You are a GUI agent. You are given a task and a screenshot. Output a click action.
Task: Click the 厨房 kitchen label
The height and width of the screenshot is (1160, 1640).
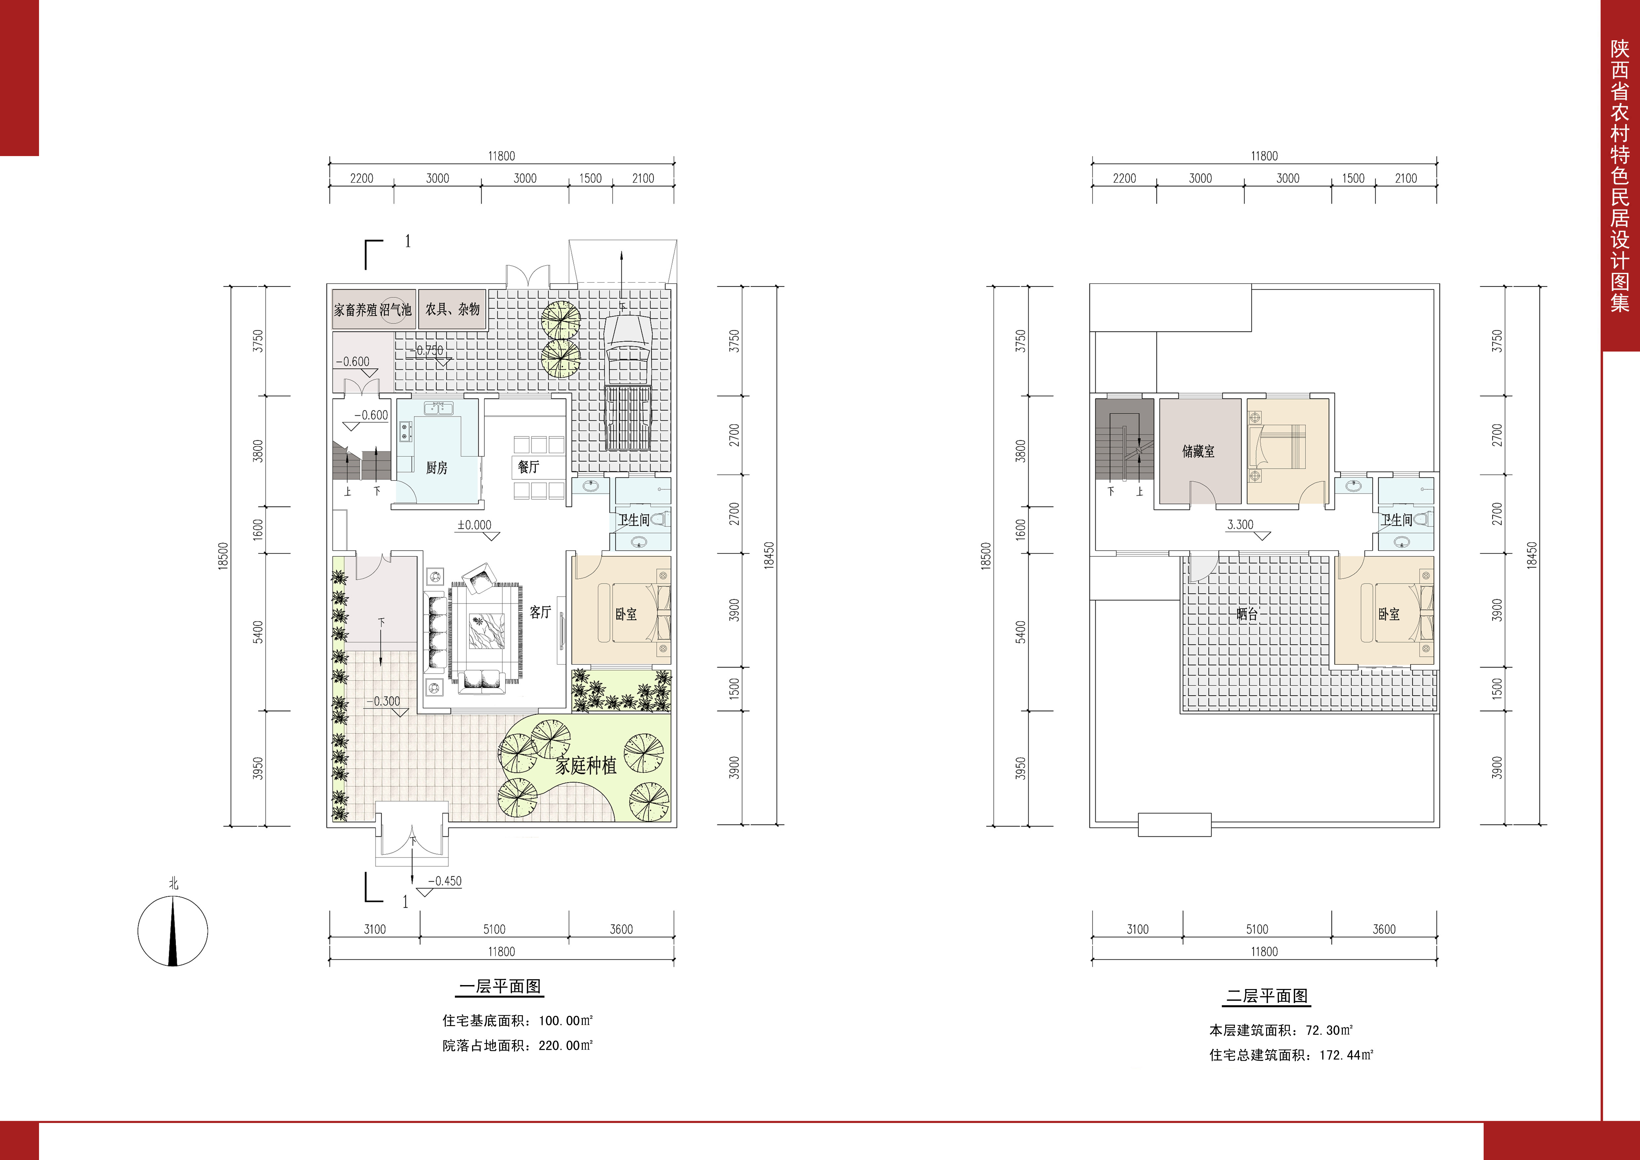pyautogui.click(x=436, y=468)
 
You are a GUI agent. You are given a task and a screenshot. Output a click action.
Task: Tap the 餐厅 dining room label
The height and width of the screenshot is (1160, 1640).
pyautogui.click(x=529, y=467)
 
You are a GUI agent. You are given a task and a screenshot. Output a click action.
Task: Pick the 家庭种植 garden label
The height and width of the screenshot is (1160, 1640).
pyautogui.click(x=586, y=766)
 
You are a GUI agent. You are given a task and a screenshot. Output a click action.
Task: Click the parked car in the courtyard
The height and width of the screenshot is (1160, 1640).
pyautogui.click(x=627, y=382)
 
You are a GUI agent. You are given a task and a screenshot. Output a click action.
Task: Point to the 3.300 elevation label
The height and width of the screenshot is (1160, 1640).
pyautogui.click(x=1240, y=524)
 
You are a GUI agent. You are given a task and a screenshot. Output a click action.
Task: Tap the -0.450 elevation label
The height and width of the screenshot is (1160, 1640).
pyautogui.click(x=444, y=881)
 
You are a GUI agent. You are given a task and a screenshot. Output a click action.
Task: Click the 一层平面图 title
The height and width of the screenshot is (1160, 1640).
pyautogui.click(x=500, y=986)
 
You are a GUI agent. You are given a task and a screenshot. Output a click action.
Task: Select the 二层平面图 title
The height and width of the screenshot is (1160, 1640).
pyautogui.click(x=1267, y=996)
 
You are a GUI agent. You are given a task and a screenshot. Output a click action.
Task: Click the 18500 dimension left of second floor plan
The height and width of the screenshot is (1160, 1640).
pyautogui.click(x=986, y=556)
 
